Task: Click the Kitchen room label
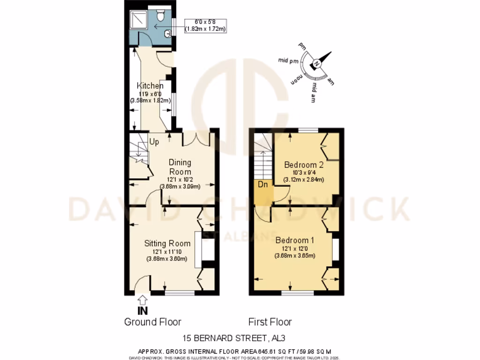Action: point(150,86)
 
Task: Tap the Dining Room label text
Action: point(180,167)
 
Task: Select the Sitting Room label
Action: point(167,243)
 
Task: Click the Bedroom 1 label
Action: point(294,240)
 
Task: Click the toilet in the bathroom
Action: point(160,16)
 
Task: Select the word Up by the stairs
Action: point(154,141)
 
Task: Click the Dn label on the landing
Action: point(264,184)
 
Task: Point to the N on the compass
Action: point(317,64)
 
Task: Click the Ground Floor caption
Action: point(152,322)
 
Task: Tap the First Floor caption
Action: point(270,322)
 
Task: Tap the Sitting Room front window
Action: point(180,293)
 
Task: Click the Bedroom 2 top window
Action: point(308,130)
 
